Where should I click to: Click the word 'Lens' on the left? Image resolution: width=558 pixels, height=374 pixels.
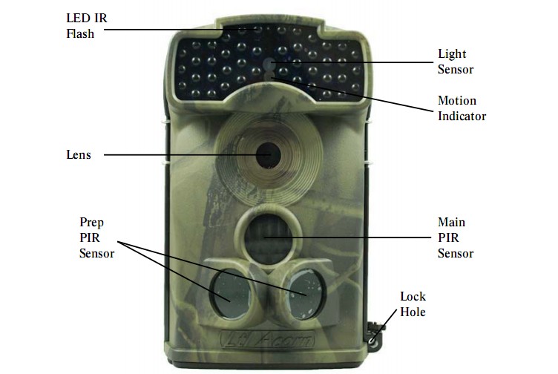79,154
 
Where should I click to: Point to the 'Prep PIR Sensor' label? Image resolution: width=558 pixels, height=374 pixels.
96,237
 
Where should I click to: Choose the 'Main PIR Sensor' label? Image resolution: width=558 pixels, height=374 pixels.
455,237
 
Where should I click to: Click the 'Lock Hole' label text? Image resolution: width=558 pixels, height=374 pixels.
413,304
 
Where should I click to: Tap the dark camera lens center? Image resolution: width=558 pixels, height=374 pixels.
267,154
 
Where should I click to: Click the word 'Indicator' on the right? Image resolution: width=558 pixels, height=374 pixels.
462,116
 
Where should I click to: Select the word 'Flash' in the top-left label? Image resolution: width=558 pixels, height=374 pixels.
80,33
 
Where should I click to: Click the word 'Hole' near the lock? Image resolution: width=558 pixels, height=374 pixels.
413,312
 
